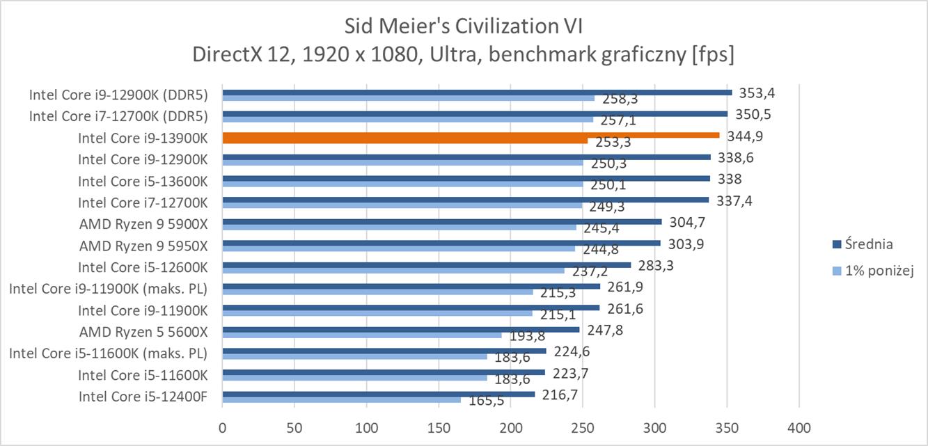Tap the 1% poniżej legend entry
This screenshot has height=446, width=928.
click(x=878, y=271)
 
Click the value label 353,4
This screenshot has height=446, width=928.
click(x=757, y=93)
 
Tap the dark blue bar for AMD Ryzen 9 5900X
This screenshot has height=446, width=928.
click(x=442, y=222)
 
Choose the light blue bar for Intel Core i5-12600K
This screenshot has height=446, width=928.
click(x=393, y=271)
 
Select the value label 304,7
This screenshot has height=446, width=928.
click(x=686, y=222)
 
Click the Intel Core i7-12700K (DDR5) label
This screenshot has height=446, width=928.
click(x=118, y=116)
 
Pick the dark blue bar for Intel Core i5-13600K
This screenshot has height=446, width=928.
click(x=466, y=179)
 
